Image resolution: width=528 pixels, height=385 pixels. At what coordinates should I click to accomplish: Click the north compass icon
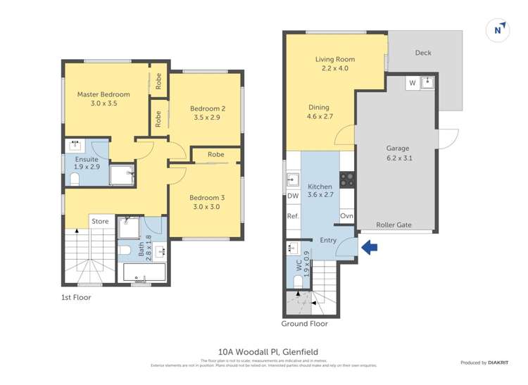pos(498,30)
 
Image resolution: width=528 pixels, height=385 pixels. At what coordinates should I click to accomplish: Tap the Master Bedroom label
pos(103,94)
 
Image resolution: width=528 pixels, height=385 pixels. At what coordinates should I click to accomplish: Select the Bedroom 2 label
pos(208,108)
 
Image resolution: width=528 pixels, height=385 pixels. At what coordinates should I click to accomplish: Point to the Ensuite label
pos(87,159)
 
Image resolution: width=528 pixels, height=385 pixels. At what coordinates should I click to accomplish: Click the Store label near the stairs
pos(100,222)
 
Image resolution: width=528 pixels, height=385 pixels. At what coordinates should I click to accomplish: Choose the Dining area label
pos(319,108)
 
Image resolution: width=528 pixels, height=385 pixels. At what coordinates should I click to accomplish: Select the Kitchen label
pos(319,187)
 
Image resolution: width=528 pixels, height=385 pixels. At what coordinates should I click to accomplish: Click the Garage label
pos(398,149)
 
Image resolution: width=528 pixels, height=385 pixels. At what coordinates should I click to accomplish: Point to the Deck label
pos(423,53)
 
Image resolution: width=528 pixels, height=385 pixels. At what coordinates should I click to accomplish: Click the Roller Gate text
pos(394,225)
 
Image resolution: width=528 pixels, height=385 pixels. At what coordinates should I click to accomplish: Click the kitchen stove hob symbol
pos(346,179)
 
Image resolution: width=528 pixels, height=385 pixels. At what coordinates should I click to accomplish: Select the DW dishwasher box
pos(293,196)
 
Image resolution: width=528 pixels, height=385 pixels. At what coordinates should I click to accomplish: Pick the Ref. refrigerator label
pos(293,216)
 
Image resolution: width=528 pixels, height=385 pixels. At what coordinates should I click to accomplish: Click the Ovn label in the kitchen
pos(346,216)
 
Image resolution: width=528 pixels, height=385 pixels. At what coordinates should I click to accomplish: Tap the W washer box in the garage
pos(412,83)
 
